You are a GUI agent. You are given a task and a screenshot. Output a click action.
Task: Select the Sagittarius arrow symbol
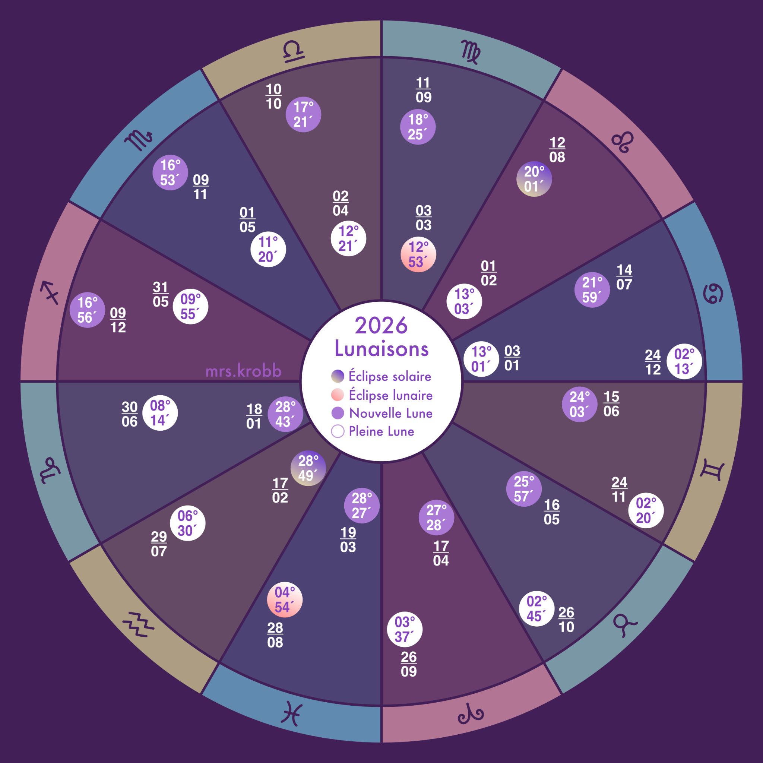point(51,292)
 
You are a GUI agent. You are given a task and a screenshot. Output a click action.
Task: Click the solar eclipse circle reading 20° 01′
point(534,179)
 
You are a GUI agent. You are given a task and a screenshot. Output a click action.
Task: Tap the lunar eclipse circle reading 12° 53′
point(418,254)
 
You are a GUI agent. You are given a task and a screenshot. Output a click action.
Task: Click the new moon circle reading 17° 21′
point(303,114)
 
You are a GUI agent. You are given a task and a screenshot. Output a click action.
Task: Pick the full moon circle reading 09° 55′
point(190,307)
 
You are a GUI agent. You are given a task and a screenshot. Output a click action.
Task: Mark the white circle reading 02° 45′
point(537,609)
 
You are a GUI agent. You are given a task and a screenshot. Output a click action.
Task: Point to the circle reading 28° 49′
point(308,468)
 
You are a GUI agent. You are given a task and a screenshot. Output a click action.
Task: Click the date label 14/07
point(624,277)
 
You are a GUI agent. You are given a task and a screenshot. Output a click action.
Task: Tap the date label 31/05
point(160,294)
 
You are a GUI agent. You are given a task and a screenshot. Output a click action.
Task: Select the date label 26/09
point(409,664)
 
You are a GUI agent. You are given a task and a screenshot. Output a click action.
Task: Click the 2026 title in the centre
point(381,325)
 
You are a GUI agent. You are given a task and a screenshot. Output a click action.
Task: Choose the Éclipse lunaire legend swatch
point(337,395)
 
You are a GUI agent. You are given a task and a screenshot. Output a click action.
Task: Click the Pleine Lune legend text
point(381,431)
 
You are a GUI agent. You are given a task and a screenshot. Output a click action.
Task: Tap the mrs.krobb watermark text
point(243,371)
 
